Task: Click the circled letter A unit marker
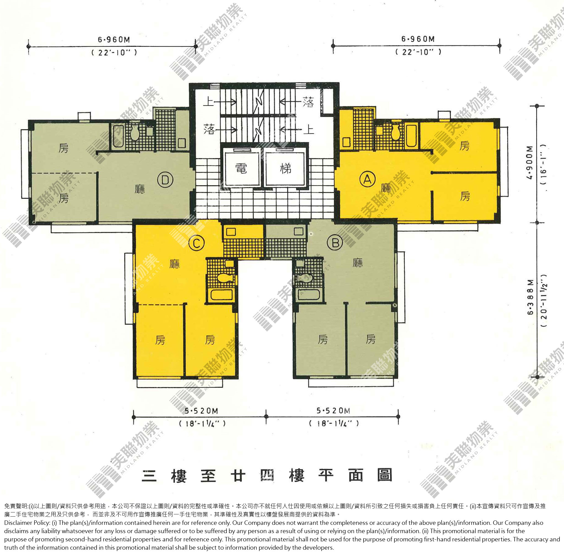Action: pyautogui.click(x=367, y=179)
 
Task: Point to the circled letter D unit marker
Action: pyautogui.click(x=165, y=180)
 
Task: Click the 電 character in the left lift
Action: pyautogui.click(x=241, y=169)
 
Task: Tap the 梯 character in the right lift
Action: pyautogui.click(x=285, y=168)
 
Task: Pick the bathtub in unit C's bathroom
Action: pyautogui.click(x=222, y=295)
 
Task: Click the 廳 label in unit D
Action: pyautogui.click(x=140, y=189)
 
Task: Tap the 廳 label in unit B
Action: pyautogui.click(x=358, y=263)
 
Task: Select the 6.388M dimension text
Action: pyautogui.click(x=530, y=297)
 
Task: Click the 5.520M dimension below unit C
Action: pyautogui.click(x=202, y=411)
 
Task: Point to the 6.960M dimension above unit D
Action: pyautogui.click(x=114, y=39)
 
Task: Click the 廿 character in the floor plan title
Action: pyautogui.click(x=238, y=476)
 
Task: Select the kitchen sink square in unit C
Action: pyautogui.click(x=231, y=232)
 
